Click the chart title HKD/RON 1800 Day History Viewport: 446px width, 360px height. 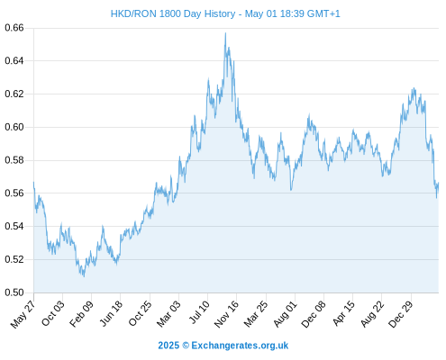pyautogui.click(x=173, y=13)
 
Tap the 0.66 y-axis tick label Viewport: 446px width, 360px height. pyautogui.click(x=14, y=28)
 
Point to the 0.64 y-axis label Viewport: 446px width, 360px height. pyautogui.click(x=14, y=61)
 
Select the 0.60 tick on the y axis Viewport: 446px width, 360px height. pyautogui.click(x=14, y=127)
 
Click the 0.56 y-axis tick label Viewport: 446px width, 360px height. pyautogui.click(x=14, y=193)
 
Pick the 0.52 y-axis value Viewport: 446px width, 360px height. pyautogui.click(x=14, y=259)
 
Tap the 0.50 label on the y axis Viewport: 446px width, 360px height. pyautogui.click(x=14, y=292)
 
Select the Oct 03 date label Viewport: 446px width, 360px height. pyautogui.click(x=53, y=313)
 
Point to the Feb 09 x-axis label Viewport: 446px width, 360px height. pyautogui.click(x=81, y=313)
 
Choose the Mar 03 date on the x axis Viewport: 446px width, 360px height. pyautogui.click(x=168, y=313)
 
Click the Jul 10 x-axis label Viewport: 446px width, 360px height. pyautogui.click(x=200, y=312)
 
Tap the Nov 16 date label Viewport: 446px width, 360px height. pyautogui.click(x=226, y=313)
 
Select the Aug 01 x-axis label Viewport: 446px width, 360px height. pyautogui.click(x=285, y=313)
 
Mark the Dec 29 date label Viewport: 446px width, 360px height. pyautogui.click(x=401, y=313)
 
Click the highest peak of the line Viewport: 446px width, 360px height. pyautogui.click(x=225, y=33)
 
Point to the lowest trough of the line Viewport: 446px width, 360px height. pyautogui.click(x=84, y=276)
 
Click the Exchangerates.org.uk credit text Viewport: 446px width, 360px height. pyautogui.click(x=240, y=346)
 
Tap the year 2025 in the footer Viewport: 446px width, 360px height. pyautogui.click(x=168, y=346)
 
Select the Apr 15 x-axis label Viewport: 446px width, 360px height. pyautogui.click(x=343, y=313)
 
